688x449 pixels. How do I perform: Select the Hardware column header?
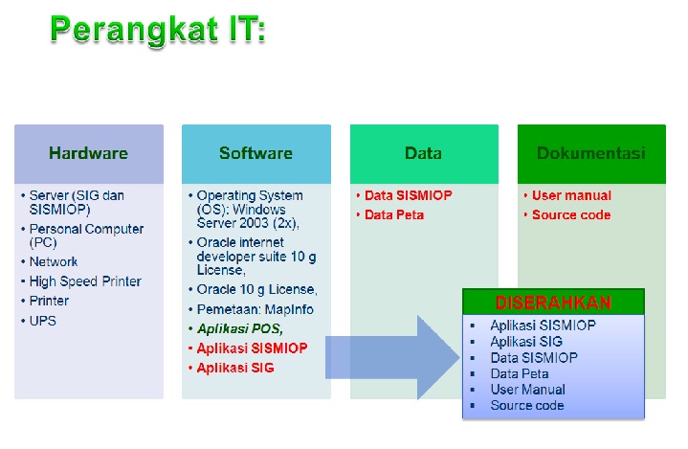click(x=88, y=153)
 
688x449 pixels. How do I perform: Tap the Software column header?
click(x=255, y=153)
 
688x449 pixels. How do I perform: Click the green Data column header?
click(x=423, y=153)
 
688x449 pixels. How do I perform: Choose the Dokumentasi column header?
click(x=590, y=153)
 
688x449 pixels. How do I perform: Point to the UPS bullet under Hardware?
click(x=42, y=321)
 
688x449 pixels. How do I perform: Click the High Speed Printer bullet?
click(x=84, y=281)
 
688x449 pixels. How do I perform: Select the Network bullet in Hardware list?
click(x=54, y=261)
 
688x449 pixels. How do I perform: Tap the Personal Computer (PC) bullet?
click(x=86, y=236)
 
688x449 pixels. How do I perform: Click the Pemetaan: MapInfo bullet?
click(x=255, y=309)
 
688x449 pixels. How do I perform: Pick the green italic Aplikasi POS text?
click(x=239, y=328)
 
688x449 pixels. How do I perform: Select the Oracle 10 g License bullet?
click(x=256, y=289)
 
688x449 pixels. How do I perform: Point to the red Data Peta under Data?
click(x=394, y=214)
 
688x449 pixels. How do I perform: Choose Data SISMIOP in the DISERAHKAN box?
click(x=533, y=357)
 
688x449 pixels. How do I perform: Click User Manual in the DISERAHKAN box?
click(x=527, y=390)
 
